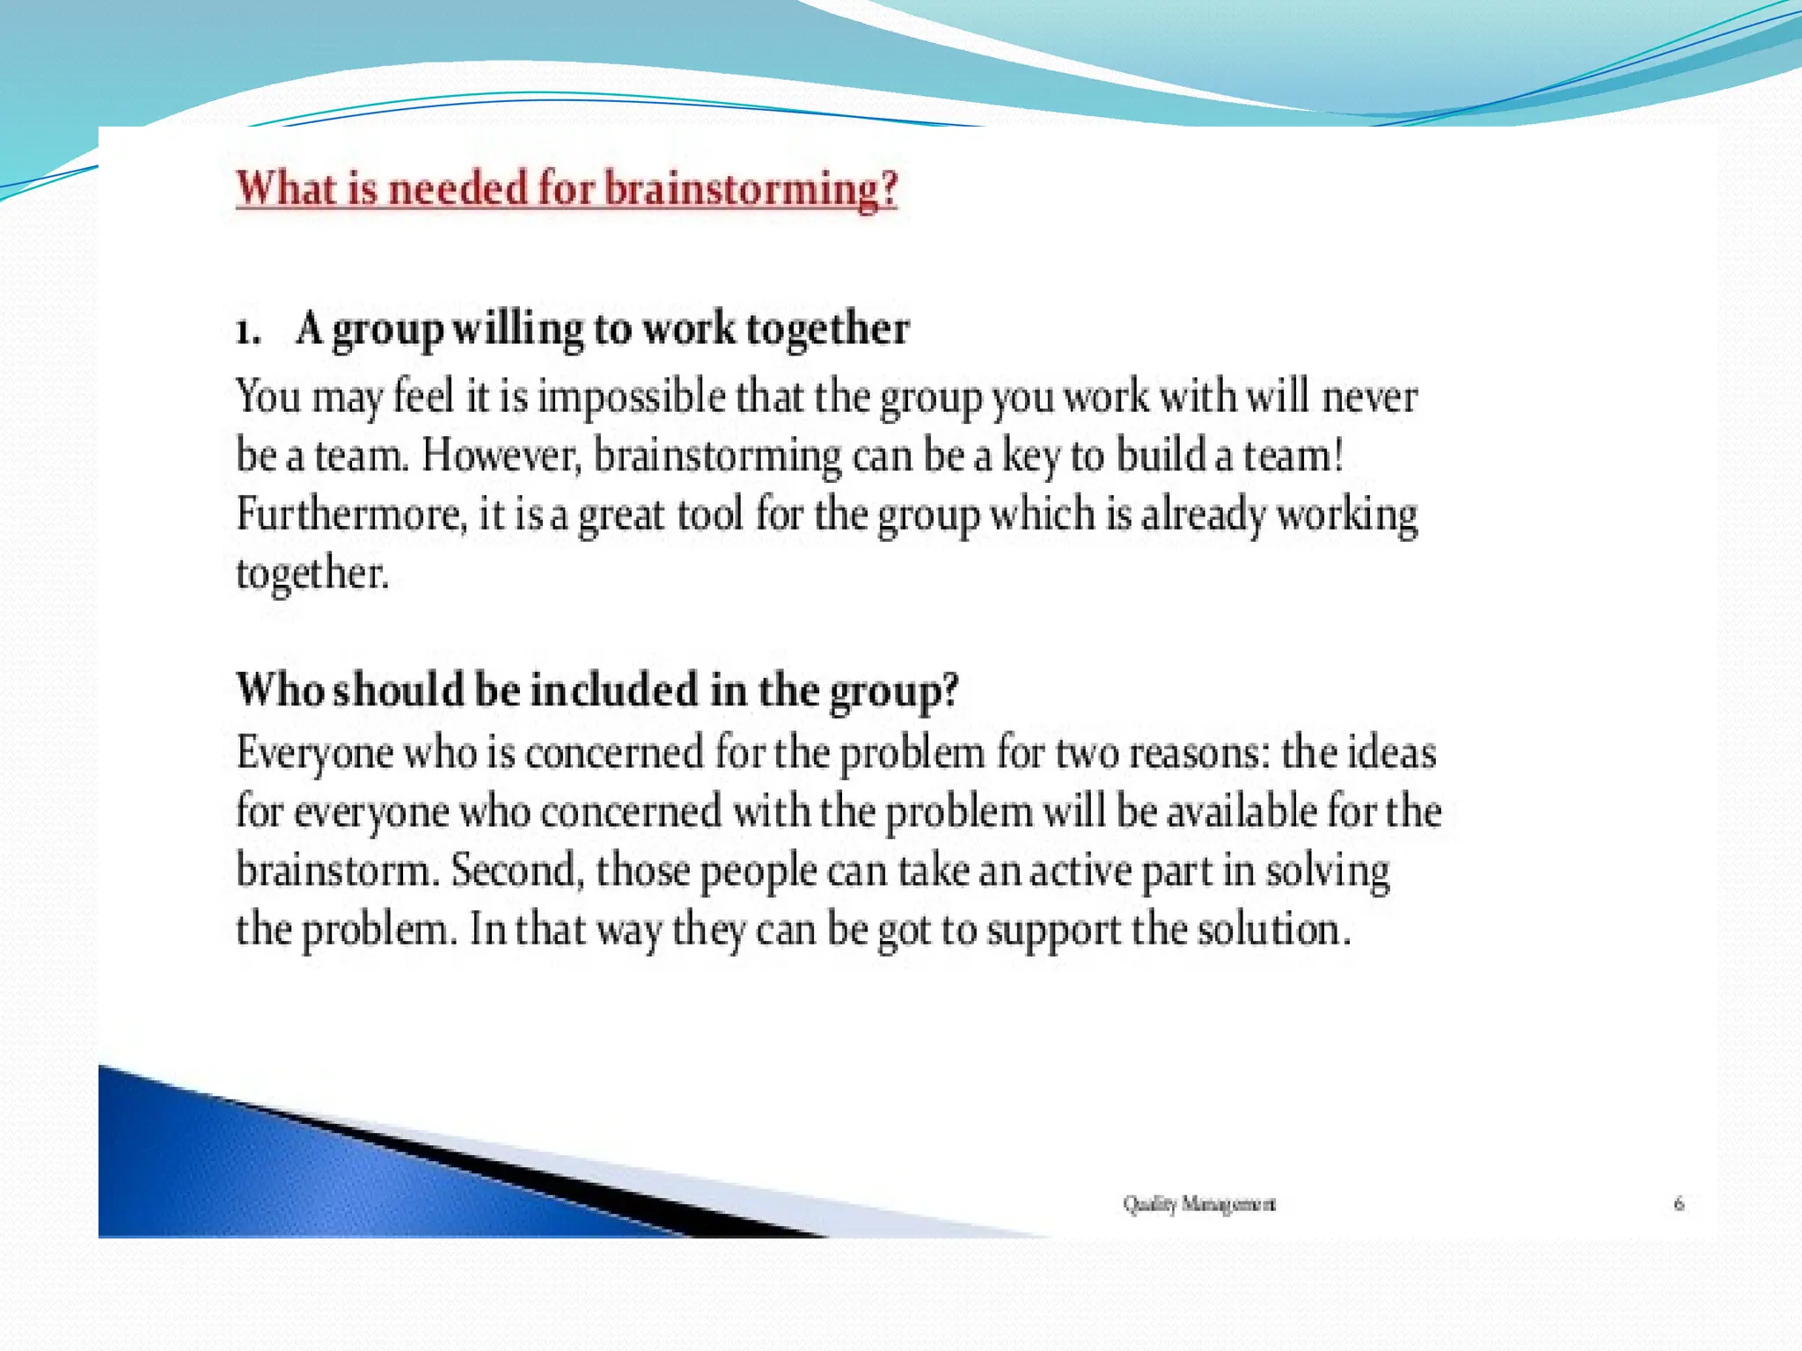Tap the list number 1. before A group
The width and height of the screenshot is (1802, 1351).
coord(248,331)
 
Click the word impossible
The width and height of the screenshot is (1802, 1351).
coord(631,396)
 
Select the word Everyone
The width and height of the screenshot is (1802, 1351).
coord(314,754)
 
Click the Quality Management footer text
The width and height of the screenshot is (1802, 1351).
coord(1198,1203)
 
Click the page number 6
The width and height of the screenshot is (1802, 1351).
coord(1678,1203)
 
